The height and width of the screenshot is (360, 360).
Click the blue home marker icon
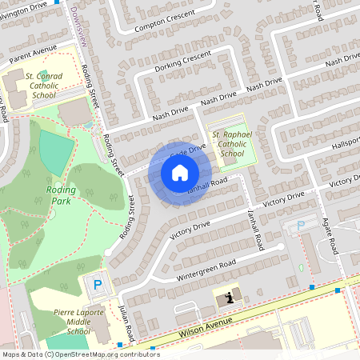pos(180,173)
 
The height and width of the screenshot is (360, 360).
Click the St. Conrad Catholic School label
pos(44,87)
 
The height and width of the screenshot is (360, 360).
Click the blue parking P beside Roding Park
pos(98,284)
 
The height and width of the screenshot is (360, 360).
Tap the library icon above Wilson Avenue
pos(230,298)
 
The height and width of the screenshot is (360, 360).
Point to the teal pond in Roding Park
pos(54,151)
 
